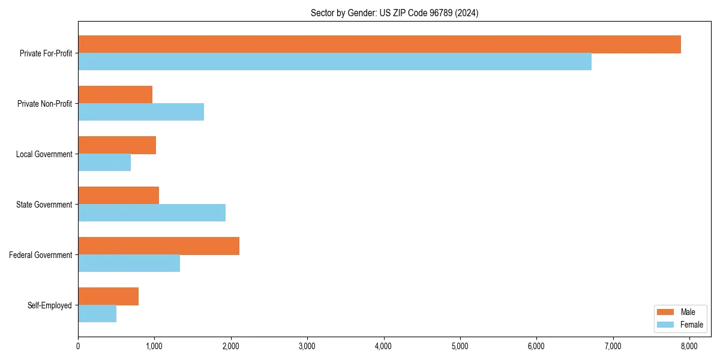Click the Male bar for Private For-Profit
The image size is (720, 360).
379,44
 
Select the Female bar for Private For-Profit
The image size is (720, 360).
335,62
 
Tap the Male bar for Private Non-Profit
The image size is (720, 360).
115,95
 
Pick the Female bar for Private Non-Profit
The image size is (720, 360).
141,112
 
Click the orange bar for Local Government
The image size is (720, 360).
117,145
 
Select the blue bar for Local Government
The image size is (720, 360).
104,163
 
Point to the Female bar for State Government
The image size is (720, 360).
152,213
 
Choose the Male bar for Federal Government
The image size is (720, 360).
158,246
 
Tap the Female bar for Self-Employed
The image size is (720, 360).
97,314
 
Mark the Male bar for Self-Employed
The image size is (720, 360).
108,296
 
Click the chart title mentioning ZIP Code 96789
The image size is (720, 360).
394,13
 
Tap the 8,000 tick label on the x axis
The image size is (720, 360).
689,346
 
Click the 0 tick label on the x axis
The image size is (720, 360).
78,346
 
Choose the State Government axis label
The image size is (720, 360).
44,205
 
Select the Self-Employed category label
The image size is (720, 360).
50,305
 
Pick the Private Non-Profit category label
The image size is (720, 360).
44,104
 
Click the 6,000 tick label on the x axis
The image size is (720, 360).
536,346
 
